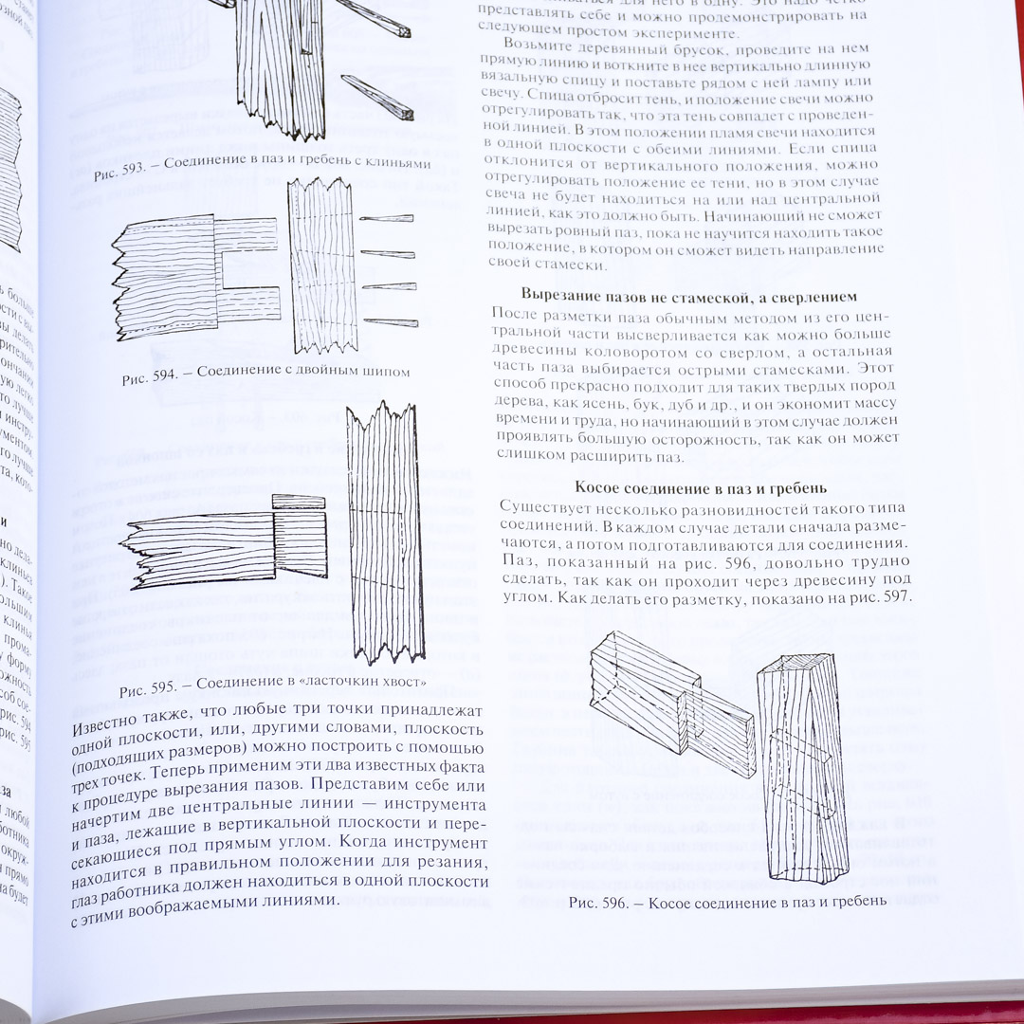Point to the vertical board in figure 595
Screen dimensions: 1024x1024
(383, 531)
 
